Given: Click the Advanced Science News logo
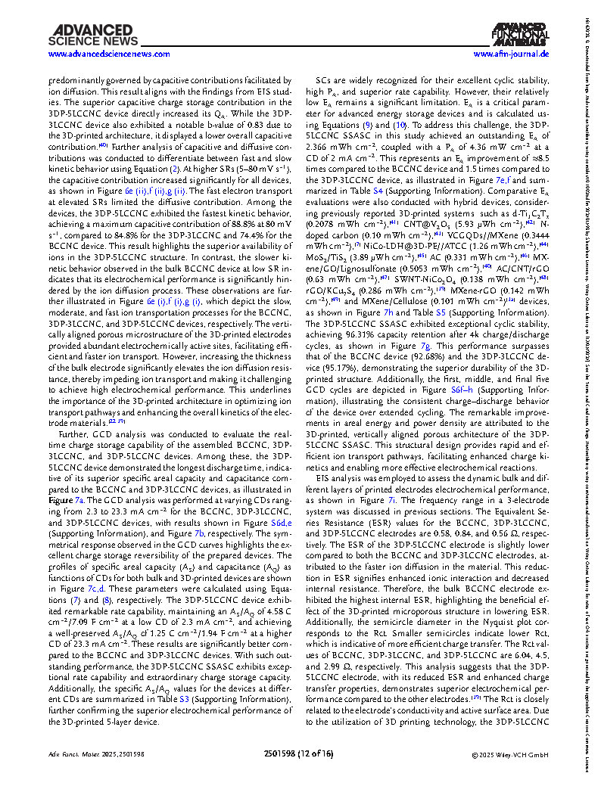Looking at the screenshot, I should tap(90, 34).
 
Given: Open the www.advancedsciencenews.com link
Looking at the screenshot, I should tap(98, 54).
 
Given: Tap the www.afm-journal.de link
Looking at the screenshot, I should tap(511, 54).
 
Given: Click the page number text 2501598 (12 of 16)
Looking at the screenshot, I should tap(300, 775).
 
